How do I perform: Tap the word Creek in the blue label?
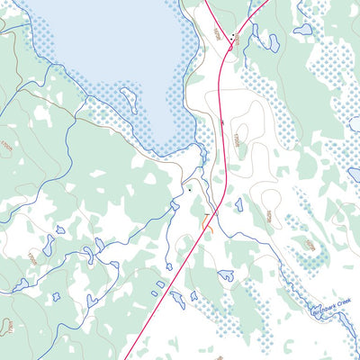pos(343,302)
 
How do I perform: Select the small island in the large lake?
pos(128,100)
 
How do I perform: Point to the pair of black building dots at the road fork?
pos(233,37)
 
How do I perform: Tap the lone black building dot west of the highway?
pos(190,190)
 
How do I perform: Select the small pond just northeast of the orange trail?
pos(238,205)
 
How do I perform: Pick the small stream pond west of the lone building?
pos(174,206)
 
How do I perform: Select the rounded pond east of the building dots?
pos(269,40)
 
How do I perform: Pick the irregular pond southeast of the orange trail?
pos(225,274)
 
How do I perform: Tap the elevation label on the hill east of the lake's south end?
pos(238,138)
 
